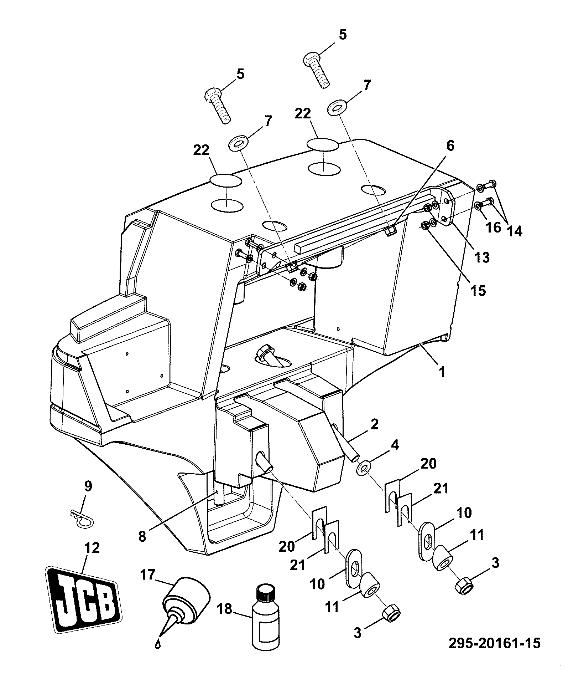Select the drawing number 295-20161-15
pyautogui.click(x=494, y=643)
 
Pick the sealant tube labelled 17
pyautogui.click(x=186, y=606)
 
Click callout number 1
pyautogui.click(x=442, y=372)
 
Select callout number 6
pyautogui.click(x=450, y=146)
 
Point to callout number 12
pyautogui.click(x=92, y=548)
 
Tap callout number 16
pyautogui.click(x=494, y=227)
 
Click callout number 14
pyautogui.click(x=515, y=231)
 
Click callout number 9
pyautogui.click(x=88, y=486)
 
